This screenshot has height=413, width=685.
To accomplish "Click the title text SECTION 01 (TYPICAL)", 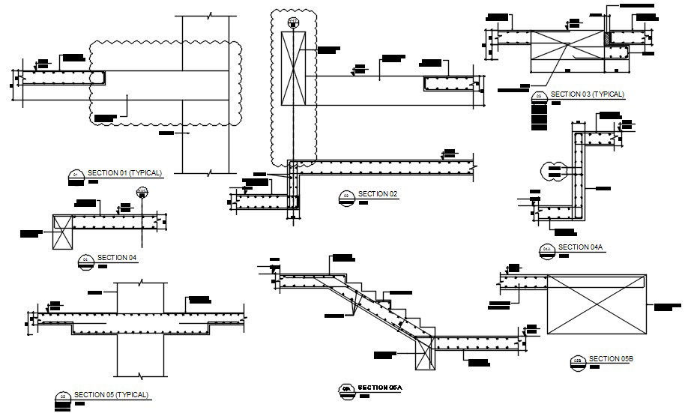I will [124, 173].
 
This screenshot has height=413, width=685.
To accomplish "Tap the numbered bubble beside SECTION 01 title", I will [74, 175].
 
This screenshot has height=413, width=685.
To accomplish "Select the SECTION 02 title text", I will [377, 194].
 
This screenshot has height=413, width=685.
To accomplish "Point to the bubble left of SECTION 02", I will [346, 196].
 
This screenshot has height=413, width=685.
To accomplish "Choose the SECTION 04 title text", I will [117, 258].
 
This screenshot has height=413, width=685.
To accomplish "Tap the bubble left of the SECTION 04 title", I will [85, 260].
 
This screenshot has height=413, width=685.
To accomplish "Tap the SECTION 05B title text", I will [611, 358].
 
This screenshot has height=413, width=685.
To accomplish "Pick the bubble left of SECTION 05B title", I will [578, 361].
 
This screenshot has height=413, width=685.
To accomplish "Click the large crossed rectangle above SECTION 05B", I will [597, 304].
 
